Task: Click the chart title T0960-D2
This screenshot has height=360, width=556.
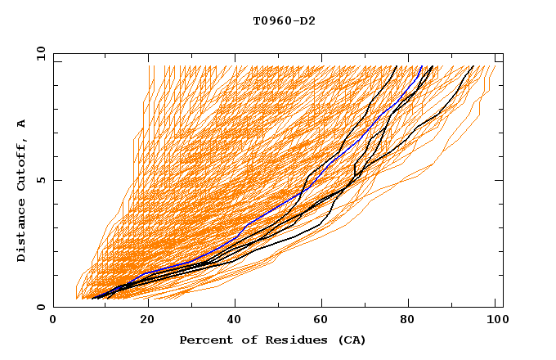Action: pyautogui.click(x=284, y=20)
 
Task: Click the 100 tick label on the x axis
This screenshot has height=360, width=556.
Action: pyautogui.click(x=495, y=321)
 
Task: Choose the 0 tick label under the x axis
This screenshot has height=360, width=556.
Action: pyautogui.click(x=54, y=321)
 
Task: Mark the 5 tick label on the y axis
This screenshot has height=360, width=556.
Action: pyautogui.click(x=40, y=180)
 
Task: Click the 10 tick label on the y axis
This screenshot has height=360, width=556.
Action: pyautogui.click(x=38, y=53)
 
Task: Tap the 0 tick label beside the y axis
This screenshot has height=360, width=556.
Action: pyautogui.click(x=40, y=307)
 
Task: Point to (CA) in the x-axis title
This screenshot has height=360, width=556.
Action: pyautogui.click(x=350, y=340)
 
